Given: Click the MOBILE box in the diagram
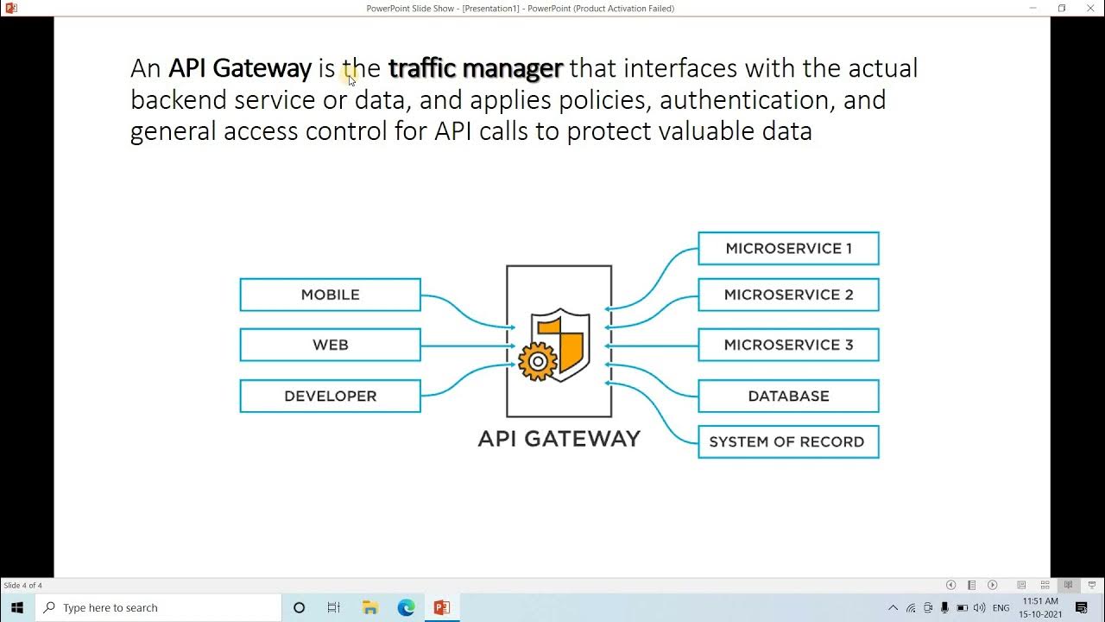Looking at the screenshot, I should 330,295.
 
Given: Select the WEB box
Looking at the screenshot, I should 330,345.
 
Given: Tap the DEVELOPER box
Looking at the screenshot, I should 330,396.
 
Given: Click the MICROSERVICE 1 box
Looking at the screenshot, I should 788,248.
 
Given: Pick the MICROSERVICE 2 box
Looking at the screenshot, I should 788,295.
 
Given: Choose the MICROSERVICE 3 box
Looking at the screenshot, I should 788,345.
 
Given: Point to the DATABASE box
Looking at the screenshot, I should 788,396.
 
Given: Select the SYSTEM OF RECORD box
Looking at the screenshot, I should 788,441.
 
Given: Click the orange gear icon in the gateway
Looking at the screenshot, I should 537,362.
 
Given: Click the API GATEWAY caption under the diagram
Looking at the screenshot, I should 559,439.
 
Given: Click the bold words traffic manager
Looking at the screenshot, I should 475,67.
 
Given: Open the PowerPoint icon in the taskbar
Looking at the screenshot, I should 442,607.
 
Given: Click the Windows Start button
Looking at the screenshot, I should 17,607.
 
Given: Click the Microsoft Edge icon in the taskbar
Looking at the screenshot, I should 406,607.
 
